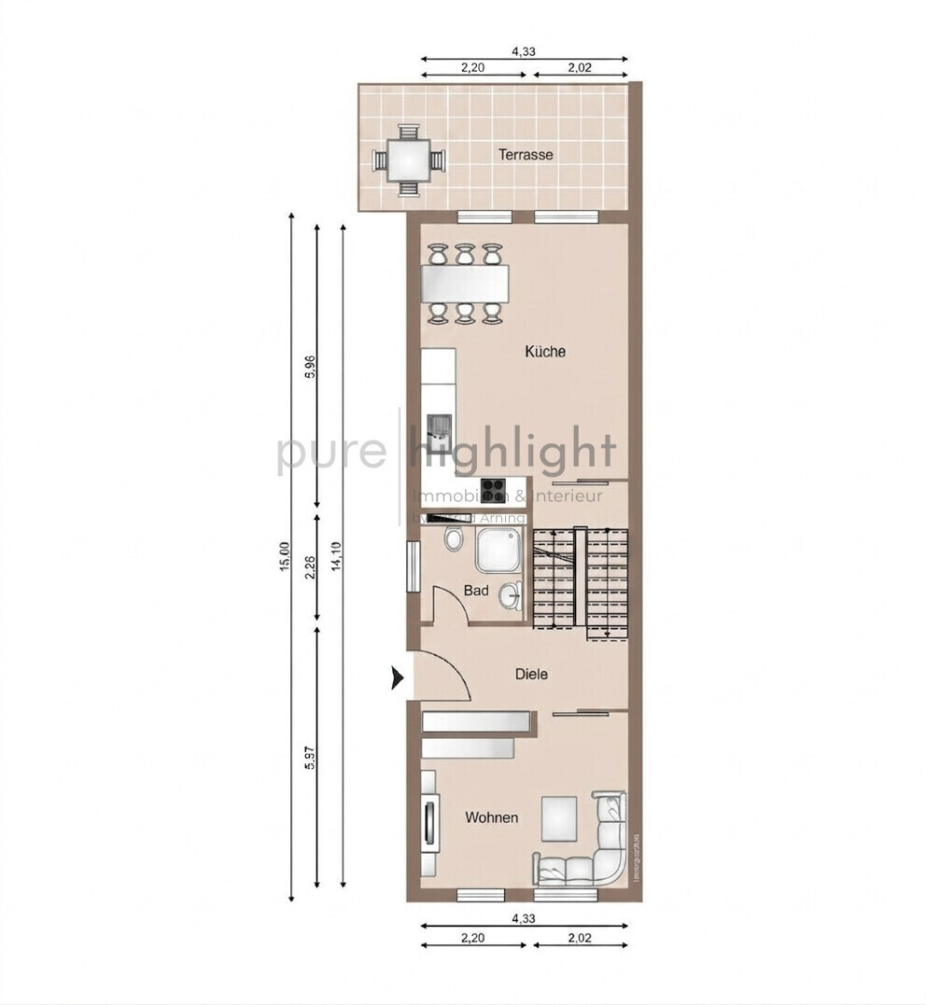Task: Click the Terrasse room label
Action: (x=525, y=155)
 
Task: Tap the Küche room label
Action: (x=545, y=352)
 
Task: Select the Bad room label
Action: (x=476, y=591)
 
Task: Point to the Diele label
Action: (x=531, y=674)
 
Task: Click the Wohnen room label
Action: (x=492, y=817)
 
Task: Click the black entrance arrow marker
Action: (x=397, y=678)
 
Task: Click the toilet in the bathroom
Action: (x=454, y=538)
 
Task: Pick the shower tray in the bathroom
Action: (x=501, y=551)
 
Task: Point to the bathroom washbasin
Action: (x=510, y=595)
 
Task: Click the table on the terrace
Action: (x=409, y=161)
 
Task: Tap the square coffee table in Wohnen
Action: (x=560, y=817)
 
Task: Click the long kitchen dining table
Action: (x=466, y=283)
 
